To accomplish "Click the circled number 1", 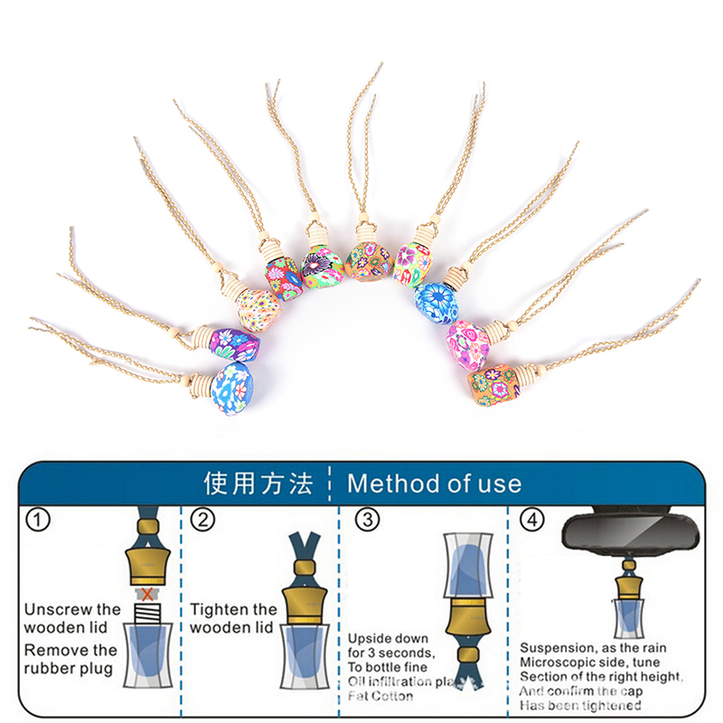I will coord(38,520).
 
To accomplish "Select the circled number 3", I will coord(367,520).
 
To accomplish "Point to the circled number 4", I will coord(534,520).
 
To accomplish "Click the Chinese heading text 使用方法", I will coord(258,483).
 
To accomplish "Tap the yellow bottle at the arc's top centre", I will coord(367,258).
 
